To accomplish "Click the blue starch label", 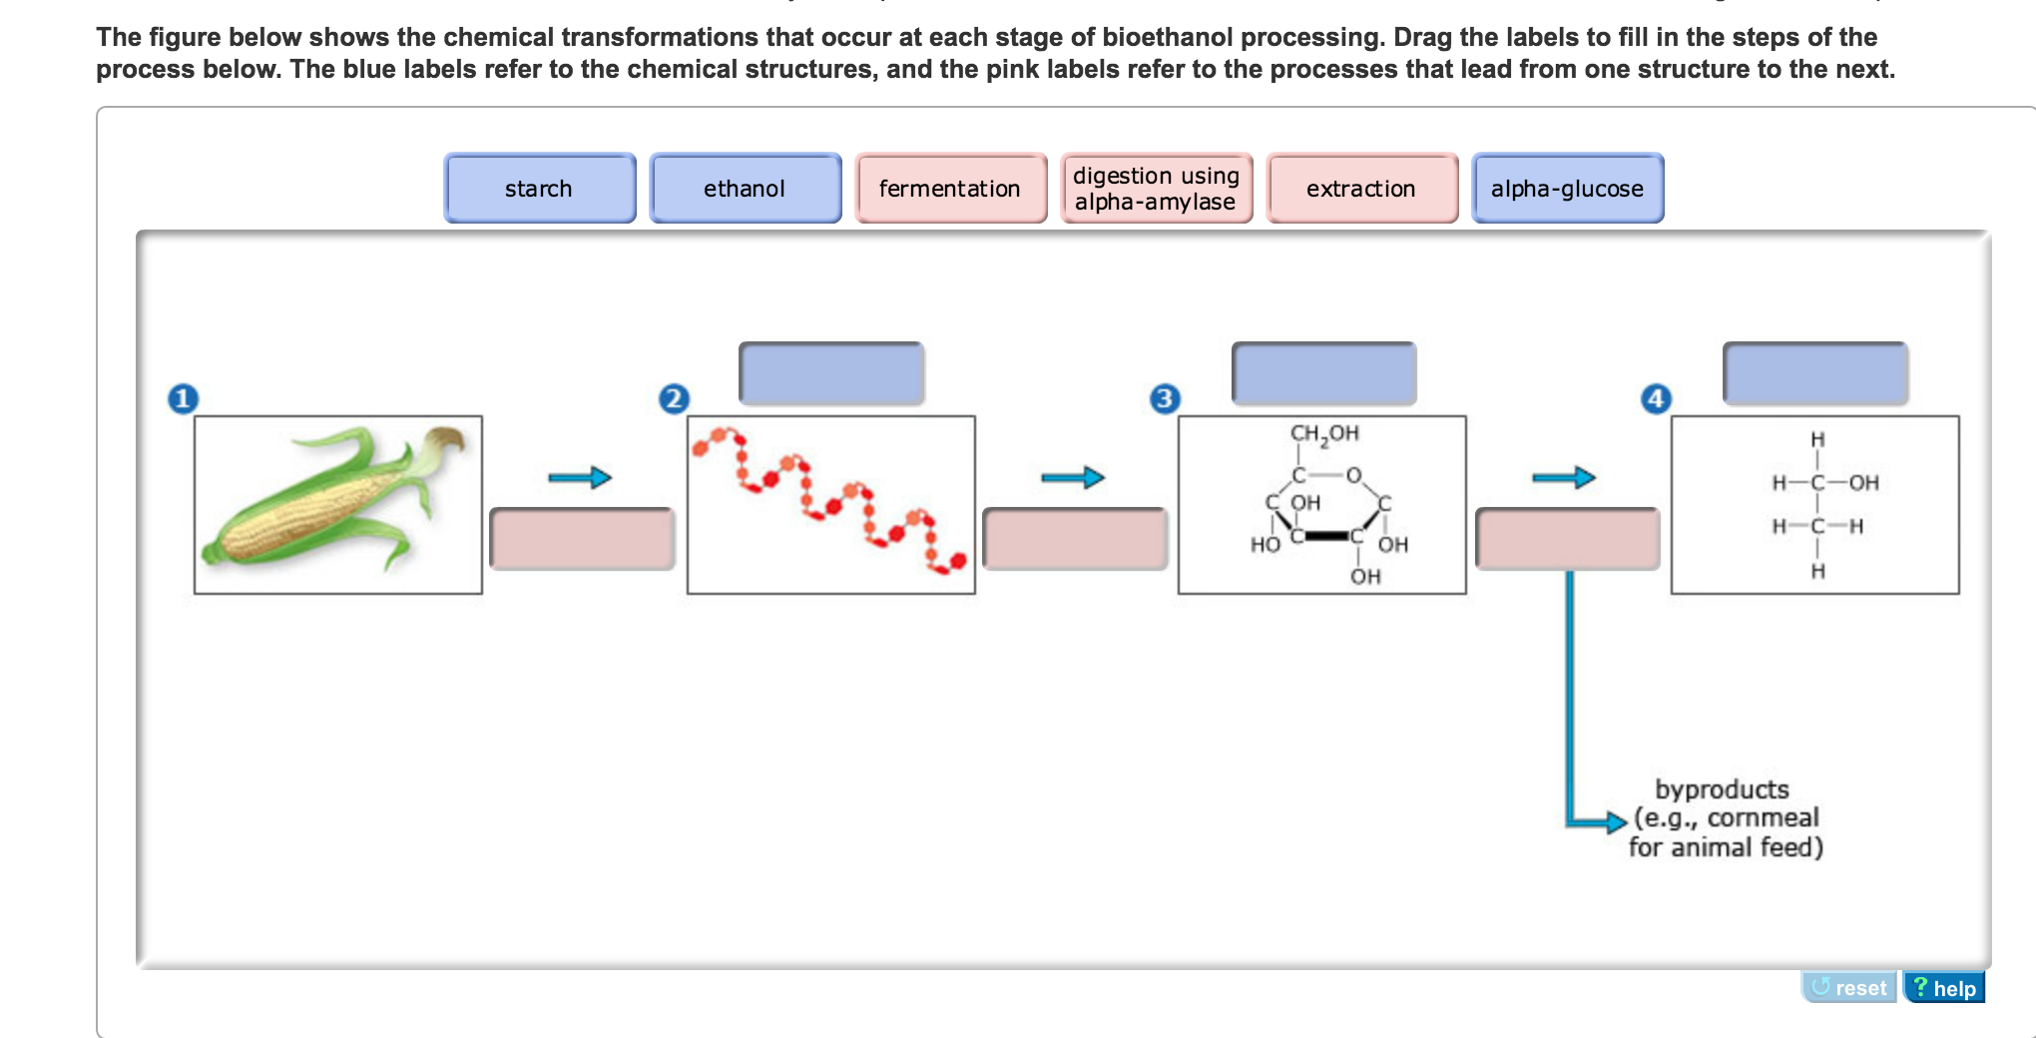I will coord(539,188).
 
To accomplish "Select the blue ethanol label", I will coord(745,188).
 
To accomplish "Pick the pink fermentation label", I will coord(950,188).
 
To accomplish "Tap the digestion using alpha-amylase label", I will coord(1156,188).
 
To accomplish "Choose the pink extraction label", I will coord(1361,188).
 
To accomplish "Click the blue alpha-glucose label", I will coord(1567,188).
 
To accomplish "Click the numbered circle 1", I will coord(183,398).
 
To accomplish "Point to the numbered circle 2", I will coord(675,398).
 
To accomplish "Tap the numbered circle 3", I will coord(1165,398).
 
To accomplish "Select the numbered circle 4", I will coord(1657,398).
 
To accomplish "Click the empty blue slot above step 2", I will coord(831,373).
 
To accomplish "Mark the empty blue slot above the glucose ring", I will coord(1323,373).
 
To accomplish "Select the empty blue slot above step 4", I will coord(1815,373).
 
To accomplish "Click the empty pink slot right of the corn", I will coord(582,539).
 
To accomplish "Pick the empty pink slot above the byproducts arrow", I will coord(1567,539).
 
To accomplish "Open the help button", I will coord(1944,988).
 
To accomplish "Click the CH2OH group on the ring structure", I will coord(1324,433).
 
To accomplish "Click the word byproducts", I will coord(1722,789).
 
